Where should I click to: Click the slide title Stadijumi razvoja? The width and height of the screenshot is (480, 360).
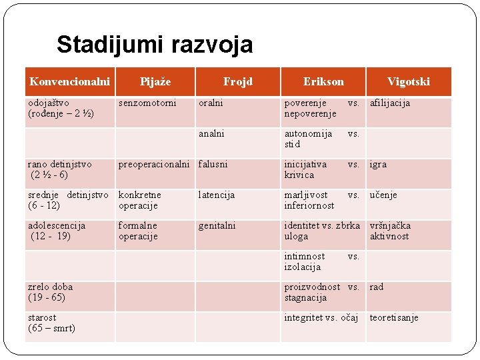point(155,45)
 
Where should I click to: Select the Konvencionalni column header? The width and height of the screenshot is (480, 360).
point(69,81)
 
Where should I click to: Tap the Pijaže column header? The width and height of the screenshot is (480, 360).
point(155,81)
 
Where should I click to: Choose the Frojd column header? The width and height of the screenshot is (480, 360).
point(238,81)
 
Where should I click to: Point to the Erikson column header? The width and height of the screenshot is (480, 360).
point(323,81)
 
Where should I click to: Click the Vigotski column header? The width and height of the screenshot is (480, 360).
point(409,81)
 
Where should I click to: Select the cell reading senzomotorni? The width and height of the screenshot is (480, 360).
point(147,103)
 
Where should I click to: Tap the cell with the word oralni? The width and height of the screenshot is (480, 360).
point(211,103)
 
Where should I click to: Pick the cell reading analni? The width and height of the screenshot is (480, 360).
point(212,133)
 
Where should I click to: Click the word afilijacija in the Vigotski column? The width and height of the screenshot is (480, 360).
point(390,103)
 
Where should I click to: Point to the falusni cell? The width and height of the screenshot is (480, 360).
point(213,164)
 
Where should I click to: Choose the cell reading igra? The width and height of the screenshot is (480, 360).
point(378,164)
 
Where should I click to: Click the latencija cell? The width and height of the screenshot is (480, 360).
point(217,195)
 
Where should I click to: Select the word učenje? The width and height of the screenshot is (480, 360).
point(383,195)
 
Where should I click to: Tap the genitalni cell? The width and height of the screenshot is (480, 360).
point(217,225)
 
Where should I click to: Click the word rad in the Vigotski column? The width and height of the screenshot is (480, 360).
point(377,287)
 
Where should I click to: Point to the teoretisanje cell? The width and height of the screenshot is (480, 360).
point(394,317)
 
